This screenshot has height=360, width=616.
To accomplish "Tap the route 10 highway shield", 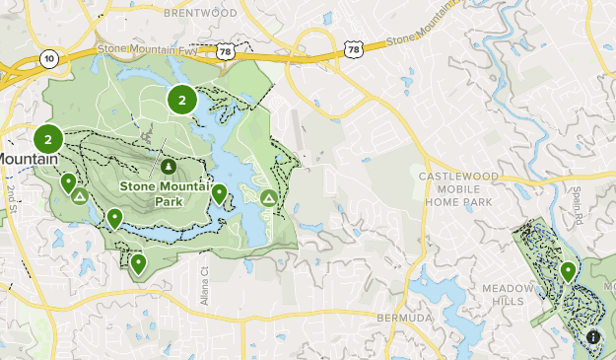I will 48,59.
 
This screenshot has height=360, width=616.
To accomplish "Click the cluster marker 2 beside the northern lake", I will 181,99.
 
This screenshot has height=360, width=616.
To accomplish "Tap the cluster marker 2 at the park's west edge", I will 47,139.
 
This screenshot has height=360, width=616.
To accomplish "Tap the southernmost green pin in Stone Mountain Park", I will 138,262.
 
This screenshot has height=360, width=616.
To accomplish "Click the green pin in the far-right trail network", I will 568,270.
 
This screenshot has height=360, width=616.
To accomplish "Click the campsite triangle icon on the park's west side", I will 80,197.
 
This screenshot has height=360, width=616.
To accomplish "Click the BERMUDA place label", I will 405,319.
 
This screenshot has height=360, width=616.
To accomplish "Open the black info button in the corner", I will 593,337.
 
